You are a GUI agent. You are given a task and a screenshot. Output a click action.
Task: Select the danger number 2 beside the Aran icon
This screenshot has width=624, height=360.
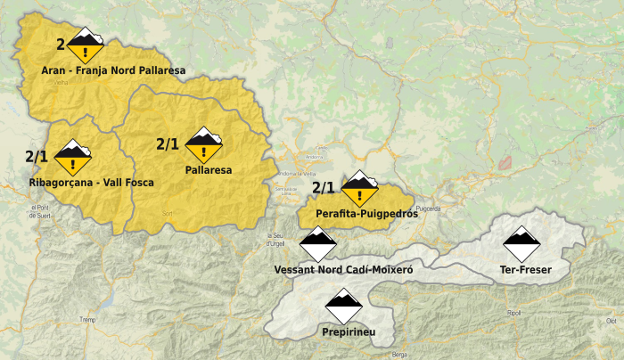61,44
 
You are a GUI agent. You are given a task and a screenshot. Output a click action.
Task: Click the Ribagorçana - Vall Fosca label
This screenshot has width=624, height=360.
91,183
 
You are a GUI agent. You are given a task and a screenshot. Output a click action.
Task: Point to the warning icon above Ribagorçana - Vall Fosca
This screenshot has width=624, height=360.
73,157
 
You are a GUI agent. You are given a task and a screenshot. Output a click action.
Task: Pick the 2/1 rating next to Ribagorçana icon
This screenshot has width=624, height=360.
37,157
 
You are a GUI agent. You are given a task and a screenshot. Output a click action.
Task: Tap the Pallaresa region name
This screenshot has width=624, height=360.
209,169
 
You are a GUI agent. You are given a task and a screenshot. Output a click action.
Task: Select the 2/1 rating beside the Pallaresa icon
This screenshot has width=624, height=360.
168,143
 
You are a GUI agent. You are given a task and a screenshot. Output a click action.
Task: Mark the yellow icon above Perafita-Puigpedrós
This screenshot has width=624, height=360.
360,189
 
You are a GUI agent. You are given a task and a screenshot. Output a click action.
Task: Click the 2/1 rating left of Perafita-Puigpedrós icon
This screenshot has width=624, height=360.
324,188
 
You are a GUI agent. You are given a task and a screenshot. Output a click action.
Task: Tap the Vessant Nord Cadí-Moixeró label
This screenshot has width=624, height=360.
344,269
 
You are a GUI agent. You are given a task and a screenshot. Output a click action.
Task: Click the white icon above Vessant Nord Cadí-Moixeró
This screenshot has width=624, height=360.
317,244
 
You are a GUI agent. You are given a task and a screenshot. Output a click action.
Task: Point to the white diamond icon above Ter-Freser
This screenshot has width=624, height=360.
521,243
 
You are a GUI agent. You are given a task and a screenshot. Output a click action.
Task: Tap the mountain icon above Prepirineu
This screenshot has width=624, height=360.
343,307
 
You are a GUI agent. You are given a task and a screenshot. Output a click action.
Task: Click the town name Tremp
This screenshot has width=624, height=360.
87,320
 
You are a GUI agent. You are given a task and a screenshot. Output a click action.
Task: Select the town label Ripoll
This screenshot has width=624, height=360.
514,314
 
